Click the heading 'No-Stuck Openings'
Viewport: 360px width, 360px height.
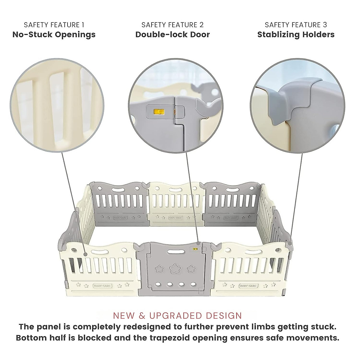coord(54,34)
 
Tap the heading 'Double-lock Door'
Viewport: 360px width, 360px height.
coord(172,34)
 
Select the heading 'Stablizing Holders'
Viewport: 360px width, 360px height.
coord(296,34)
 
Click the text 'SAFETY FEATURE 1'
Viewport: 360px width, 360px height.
coord(54,25)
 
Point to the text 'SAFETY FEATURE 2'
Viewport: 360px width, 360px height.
coord(172,25)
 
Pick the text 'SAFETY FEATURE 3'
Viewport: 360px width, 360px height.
coord(296,25)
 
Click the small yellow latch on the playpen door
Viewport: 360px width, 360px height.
coord(196,249)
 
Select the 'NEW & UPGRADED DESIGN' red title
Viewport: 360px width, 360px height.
coord(178,316)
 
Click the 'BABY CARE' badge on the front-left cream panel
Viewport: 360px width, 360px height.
coord(103,286)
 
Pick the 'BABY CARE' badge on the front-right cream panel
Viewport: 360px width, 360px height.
coord(248,286)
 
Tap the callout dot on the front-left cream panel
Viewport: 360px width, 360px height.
coord(85,254)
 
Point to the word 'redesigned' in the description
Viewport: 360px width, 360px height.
coord(157,327)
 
